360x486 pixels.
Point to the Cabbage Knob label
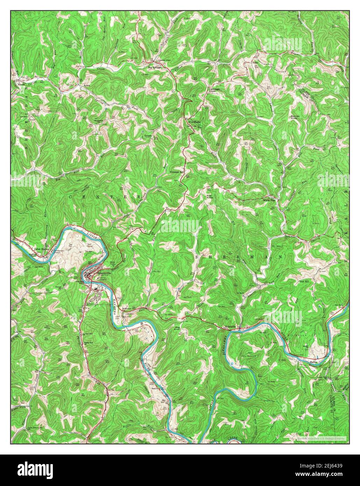pos(214,90)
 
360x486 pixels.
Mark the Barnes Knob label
pos(294,117)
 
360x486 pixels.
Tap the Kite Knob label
pos(210,196)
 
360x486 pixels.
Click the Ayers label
pos(87,85)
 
